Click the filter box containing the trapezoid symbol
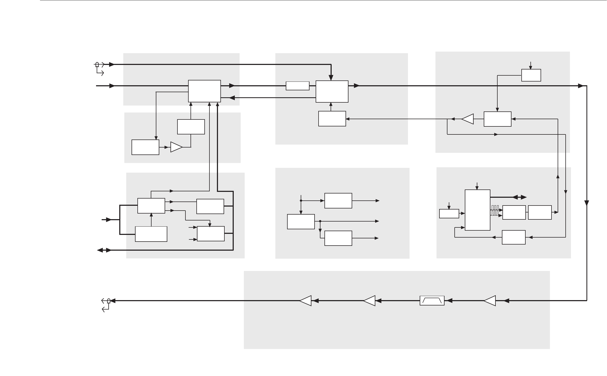(432, 301)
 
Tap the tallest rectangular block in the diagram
(477, 210)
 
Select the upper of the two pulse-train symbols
(495, 207)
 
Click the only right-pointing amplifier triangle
(176, 147)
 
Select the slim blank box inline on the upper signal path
(297, 86)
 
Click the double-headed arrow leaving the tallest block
(519, 197)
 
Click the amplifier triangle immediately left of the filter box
(370, 301)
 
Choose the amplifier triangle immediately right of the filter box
(490, 301)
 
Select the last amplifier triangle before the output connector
(306, 301)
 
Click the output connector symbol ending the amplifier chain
(108, 301)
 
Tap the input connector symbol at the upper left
(97, 65)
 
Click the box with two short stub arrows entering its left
(211, 234)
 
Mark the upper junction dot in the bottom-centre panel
(301, 200)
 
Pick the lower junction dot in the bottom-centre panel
(320, 221)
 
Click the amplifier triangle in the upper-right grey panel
(468, 119)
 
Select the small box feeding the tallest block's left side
(449, 214)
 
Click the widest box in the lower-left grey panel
(151, 234)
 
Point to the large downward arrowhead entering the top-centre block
(331, 77)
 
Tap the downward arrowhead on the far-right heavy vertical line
(586, 203)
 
